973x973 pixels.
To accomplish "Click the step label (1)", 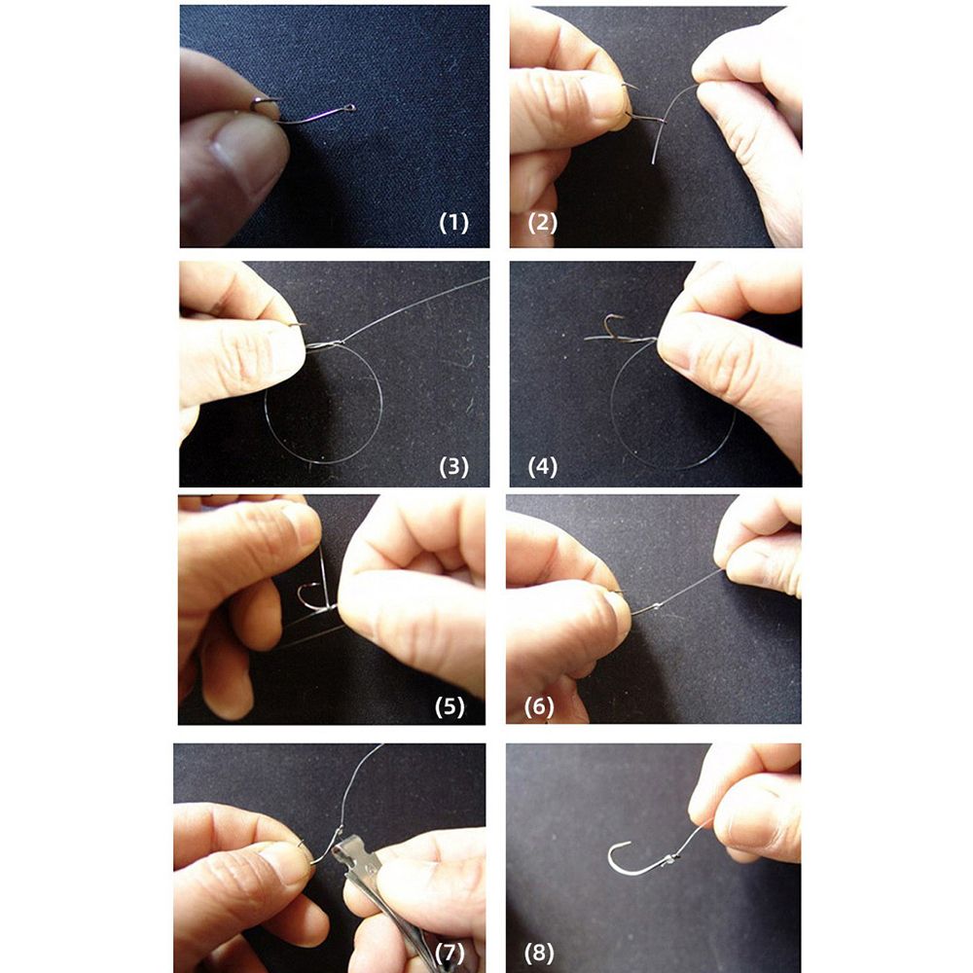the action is tap(453, 223).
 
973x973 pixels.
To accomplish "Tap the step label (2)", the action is tap(542, 223).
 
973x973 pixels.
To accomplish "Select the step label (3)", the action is tap(453, 467).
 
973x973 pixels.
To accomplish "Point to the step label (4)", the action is tap(542, 467).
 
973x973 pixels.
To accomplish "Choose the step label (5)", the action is tap(450, 706).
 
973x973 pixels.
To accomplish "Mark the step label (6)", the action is tap(539, 706).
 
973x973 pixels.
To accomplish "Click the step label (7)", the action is tap(450, 953).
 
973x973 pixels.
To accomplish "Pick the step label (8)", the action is tap(539, 953).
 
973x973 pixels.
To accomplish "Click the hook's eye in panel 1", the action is tap(352, 108).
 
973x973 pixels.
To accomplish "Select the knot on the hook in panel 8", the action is tap(670, 859).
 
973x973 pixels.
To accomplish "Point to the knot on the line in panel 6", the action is tap(655, 606).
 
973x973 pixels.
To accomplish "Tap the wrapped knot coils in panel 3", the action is tap(325, 345).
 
